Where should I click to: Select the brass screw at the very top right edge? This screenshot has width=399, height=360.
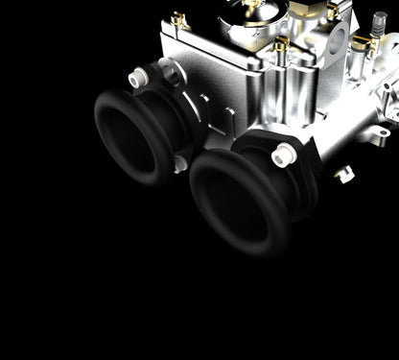point(333,9)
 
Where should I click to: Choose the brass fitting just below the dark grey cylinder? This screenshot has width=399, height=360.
point(362,43)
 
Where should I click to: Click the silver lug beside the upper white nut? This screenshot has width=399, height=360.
point(170,71)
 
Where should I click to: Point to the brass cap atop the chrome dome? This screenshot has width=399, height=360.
point(251,4)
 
